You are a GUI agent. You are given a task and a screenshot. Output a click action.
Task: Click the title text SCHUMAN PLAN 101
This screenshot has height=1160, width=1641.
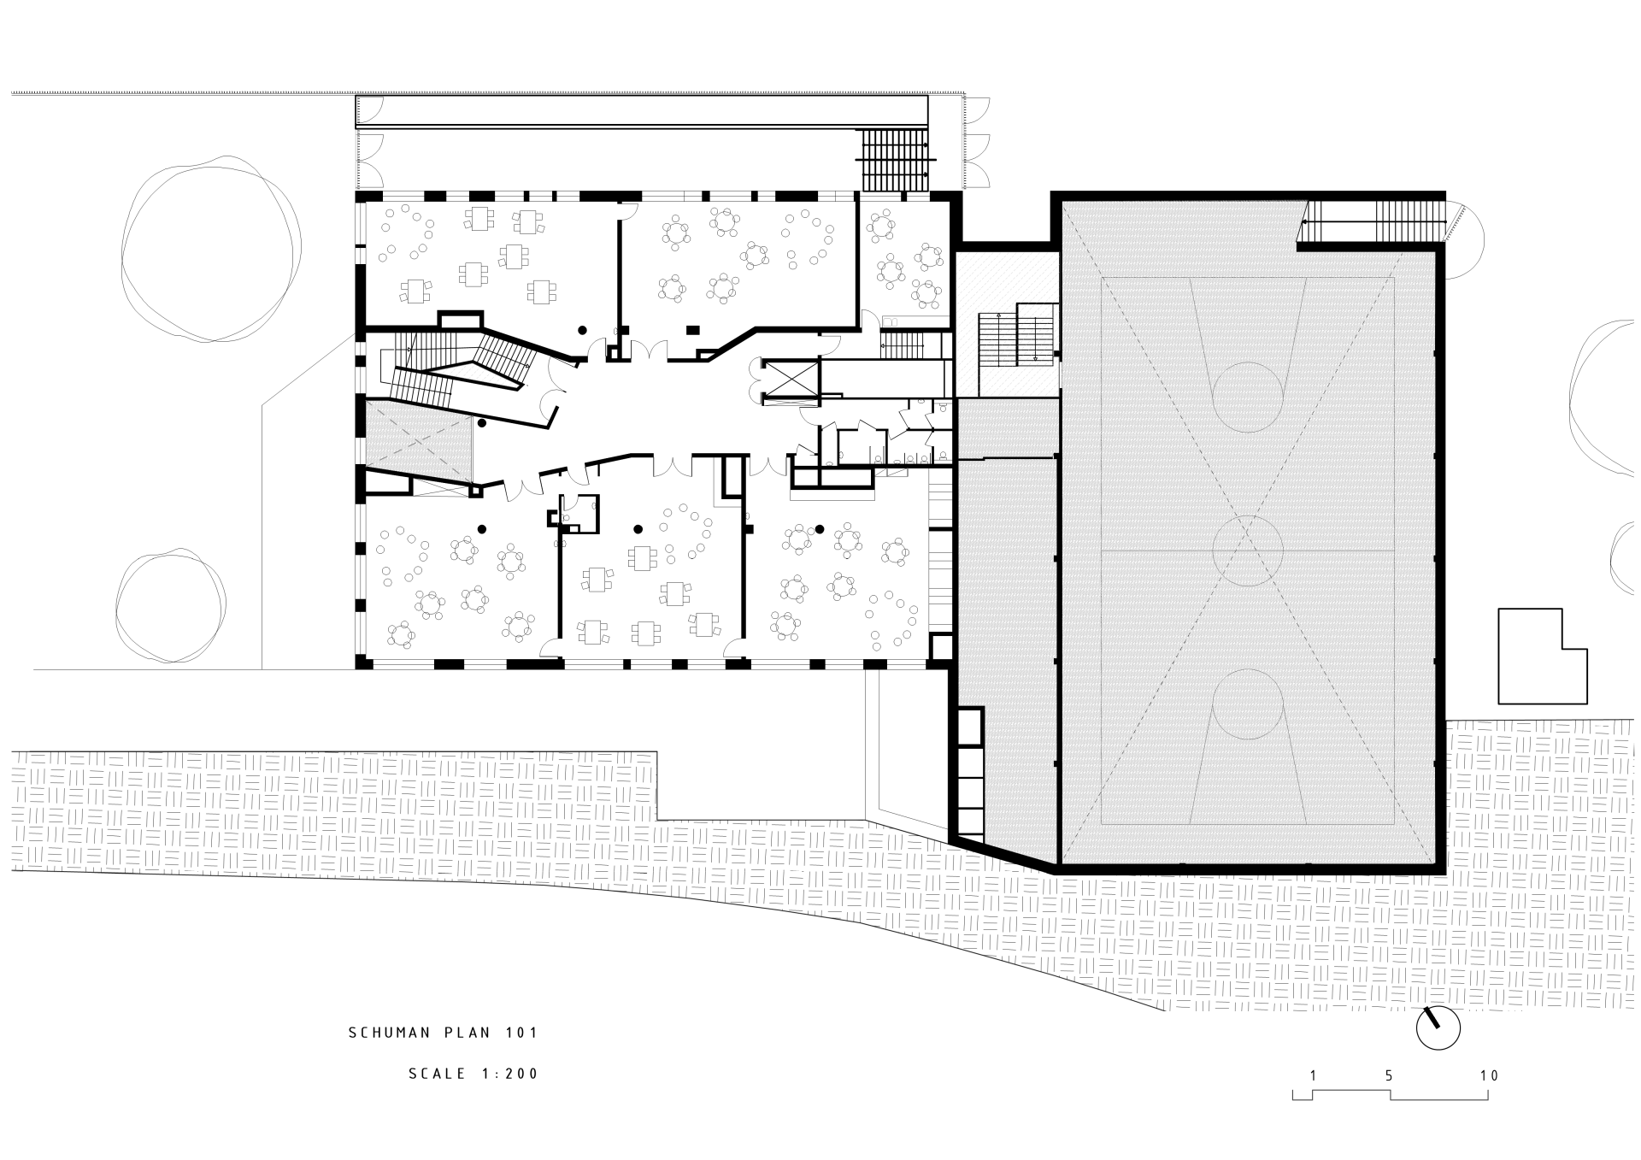click(x=444, y=1033)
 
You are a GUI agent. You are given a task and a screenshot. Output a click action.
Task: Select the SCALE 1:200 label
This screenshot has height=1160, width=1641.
click(x=473, y=1074)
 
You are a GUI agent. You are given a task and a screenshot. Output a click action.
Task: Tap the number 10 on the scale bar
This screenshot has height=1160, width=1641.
click(x=1489, y=1075)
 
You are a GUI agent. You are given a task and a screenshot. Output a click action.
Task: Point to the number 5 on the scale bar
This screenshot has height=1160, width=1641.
click(x=1390, y=1075)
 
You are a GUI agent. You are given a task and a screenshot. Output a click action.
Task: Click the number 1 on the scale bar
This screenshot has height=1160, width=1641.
click(x=1312, y=1075)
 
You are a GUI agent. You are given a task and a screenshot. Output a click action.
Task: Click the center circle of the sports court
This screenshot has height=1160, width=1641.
click(x=1248, y=551)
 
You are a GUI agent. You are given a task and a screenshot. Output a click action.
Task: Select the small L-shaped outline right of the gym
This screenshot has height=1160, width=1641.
click(x=1543, y=656)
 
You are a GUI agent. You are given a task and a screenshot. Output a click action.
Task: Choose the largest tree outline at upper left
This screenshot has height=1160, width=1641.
click(x=211, y=250)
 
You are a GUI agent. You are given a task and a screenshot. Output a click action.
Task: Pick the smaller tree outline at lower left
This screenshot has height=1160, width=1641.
click(x=172, y=605)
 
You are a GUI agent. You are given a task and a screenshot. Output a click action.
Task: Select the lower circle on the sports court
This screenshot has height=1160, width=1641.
click(x=1248, y=704)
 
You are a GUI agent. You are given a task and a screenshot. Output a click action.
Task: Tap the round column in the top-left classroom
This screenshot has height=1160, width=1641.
click(x=582, y=329)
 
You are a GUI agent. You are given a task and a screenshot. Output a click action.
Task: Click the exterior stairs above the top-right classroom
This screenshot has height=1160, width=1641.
click(x=895, y=161)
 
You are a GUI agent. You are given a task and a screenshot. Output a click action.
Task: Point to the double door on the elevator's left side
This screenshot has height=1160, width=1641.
click(x=756, y=380)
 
